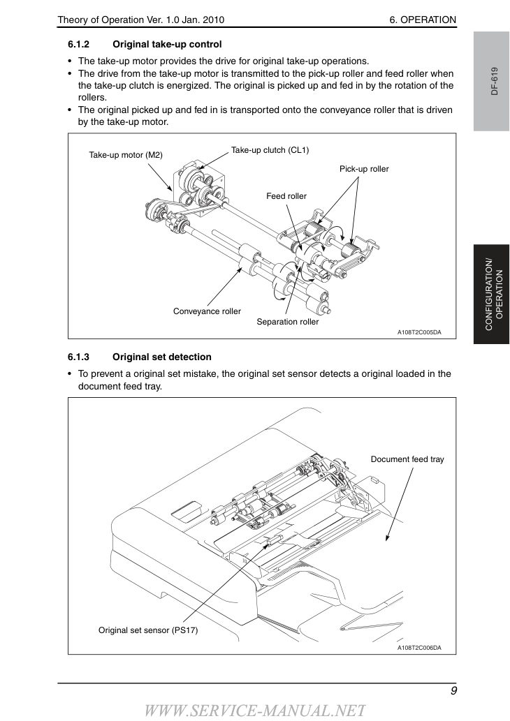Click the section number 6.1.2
tap(78, 45)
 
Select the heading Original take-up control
tap(167, 45)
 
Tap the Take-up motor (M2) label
tap(126, 155)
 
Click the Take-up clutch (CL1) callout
tap(270, 150)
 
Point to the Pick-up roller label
tap(364, 169)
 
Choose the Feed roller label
tap(286, 196)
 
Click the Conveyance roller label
tap(207, 311)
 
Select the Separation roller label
tap(288, 322)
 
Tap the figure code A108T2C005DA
tap(419, 332)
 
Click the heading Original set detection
tap(162, 357)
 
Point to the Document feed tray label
tap(407, 459)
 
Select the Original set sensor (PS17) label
tap(148, 630)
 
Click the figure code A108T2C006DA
tap(419, 648)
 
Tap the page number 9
tap(453, 691)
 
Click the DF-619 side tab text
tap(495, 81)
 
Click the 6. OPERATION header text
tap(423, 20)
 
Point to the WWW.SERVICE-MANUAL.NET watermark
tap(255, 711)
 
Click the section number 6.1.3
tap(78, 357)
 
